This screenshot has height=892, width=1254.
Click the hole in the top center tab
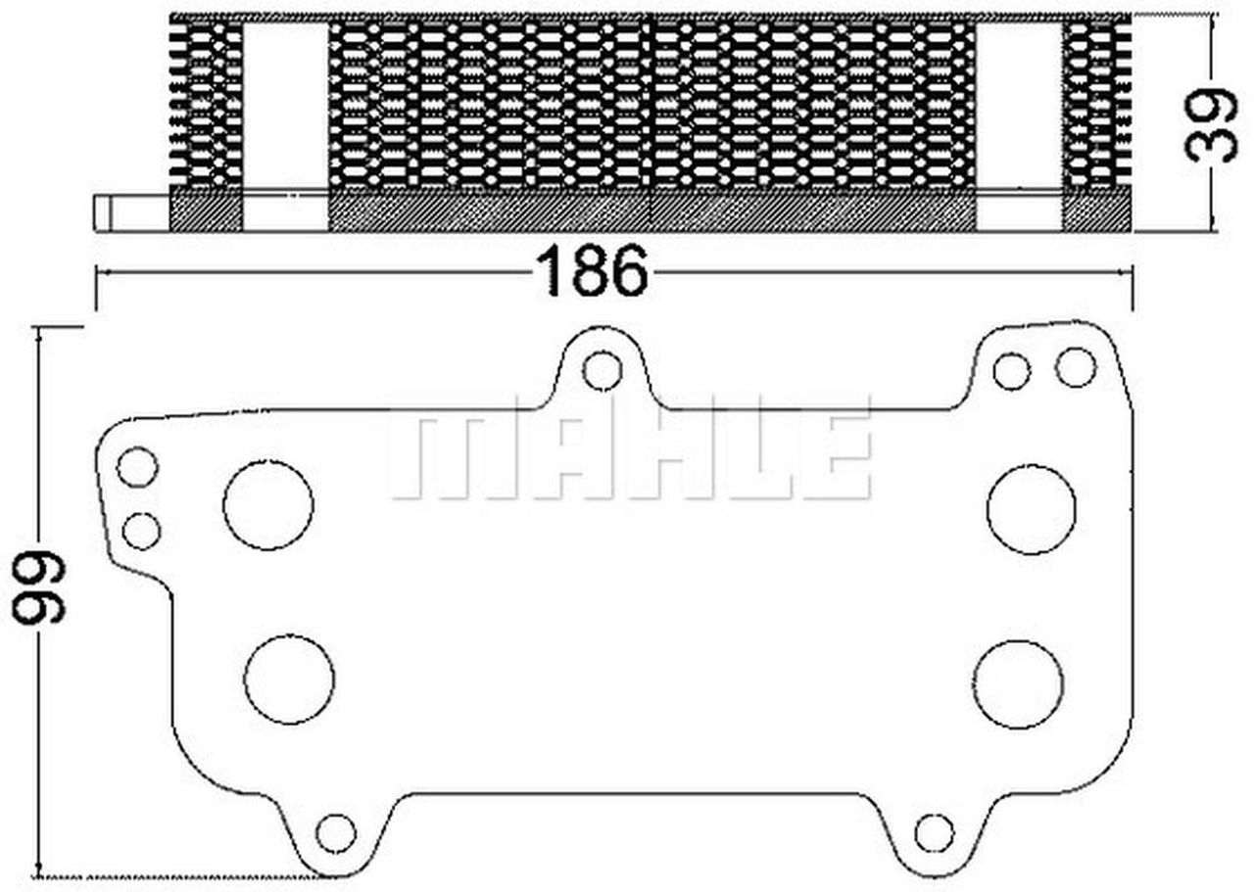602,370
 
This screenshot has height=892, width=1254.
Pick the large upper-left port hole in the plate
268,504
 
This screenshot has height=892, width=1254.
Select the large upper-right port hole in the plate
1031,509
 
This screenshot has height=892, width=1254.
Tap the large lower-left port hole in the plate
289,680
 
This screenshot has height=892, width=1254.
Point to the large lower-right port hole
1018,684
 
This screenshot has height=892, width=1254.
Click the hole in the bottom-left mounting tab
335,832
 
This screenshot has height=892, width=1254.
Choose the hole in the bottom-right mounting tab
934,832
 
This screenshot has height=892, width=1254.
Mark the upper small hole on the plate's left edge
137,466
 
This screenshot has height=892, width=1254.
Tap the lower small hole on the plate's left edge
142,531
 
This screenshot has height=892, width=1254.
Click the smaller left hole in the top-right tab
1011,371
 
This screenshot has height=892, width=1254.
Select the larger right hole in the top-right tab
1075,367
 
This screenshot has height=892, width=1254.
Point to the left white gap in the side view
285,124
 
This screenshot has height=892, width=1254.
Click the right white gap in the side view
1019,124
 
